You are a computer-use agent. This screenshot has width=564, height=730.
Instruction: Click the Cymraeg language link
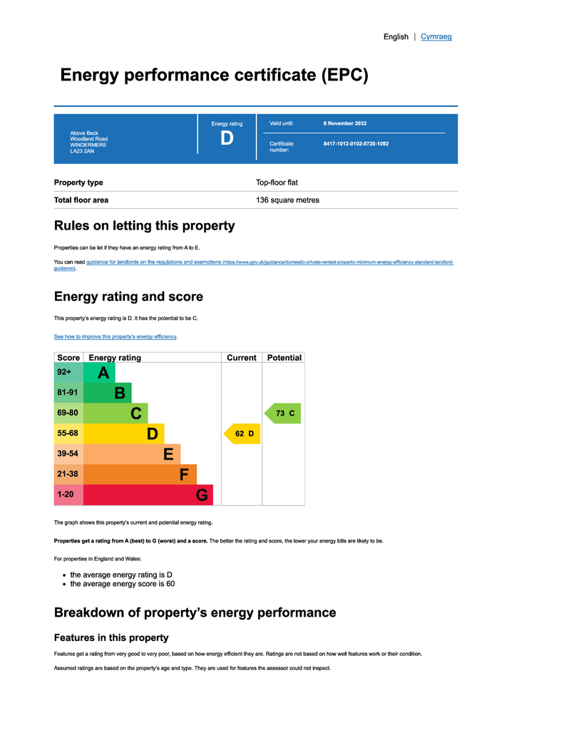click(436, 37)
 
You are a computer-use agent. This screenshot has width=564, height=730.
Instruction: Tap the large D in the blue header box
click(227, 138)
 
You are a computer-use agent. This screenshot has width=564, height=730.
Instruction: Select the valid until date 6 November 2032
click(345, 123)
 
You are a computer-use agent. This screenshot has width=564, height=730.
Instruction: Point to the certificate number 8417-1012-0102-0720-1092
click(356, 144)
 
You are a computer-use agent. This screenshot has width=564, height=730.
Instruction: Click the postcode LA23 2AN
click(82, 151)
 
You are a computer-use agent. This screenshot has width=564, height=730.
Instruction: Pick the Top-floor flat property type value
click(277, 182)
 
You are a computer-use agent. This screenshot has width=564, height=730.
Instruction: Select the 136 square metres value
click(287, 200)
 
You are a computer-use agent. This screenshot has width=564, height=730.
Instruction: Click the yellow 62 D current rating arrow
click(242, 434)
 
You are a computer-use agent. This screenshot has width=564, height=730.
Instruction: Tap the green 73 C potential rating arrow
click(282, 413)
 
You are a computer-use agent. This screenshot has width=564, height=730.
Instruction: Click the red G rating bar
click(148, 495)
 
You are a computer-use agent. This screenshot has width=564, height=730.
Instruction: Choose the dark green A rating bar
click(99, 372)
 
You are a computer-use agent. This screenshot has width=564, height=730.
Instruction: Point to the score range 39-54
click(68, 453)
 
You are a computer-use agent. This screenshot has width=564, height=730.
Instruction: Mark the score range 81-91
click(68, 393)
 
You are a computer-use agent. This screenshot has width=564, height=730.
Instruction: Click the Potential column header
click(284, 358)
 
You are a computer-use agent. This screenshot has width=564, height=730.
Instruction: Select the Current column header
click(242, 358)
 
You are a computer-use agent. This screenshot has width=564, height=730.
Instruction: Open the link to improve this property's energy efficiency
click(115, 336)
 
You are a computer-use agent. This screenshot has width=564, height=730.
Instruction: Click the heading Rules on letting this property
click(144, 226)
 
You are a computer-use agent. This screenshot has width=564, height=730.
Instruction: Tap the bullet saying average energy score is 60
click(123, 584)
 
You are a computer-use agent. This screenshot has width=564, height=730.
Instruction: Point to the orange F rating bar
click(140, 474)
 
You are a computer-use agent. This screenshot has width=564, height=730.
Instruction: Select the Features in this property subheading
click(111, 638)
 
